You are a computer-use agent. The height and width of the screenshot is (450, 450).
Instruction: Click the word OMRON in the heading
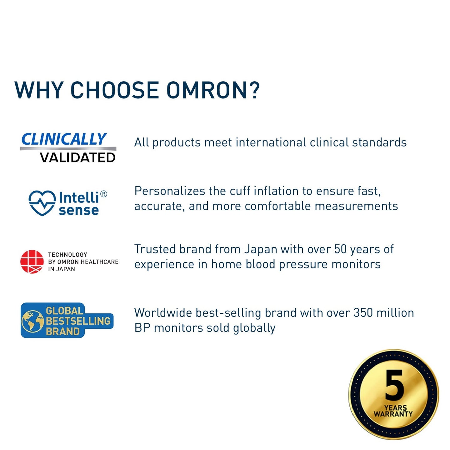tap(207, 90)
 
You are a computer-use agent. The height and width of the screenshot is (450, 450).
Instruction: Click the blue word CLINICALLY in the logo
tap(64, 139)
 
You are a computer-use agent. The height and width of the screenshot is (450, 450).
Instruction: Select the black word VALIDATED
tap(77, 157)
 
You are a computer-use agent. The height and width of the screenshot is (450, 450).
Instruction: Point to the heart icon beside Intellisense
tap(42, 203)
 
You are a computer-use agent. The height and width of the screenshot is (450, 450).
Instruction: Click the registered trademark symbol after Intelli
tap(103, 194)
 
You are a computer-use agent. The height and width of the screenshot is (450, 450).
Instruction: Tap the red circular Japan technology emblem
tap(32, 262)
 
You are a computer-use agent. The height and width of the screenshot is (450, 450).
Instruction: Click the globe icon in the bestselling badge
tap(33, 322)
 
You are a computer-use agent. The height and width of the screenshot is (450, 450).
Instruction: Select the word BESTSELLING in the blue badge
tap(78, 321)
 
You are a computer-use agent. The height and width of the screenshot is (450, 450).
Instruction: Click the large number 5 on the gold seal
tap(394, 388)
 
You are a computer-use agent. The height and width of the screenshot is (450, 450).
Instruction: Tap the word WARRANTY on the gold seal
tap(393, 414)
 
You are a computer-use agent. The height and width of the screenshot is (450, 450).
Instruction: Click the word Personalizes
tap(170, 191)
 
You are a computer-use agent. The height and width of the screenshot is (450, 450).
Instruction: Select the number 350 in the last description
tap(363, 313)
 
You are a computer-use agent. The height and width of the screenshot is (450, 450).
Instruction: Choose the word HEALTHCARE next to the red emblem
tap(102, 262)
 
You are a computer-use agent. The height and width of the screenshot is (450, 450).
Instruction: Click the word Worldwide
tap(163, 313)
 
